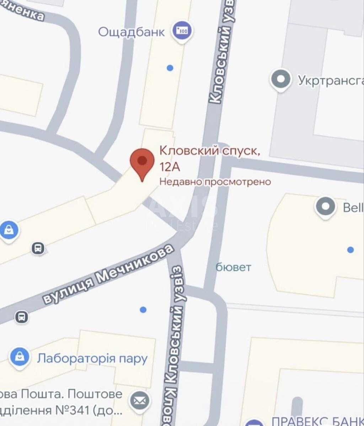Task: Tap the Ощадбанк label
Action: coord(131,32)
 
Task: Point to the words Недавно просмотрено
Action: coord(215,182)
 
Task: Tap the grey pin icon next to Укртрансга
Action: coord(281,79)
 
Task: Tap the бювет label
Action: coord(233,267)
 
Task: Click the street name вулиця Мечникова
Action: coord(109,274)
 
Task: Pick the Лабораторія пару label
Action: coord(92,358)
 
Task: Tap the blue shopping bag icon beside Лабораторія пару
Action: coord(20,356)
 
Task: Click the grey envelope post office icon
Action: coord(140,401)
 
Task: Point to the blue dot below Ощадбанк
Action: coord(170,67)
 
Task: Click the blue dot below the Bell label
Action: coord(350,250)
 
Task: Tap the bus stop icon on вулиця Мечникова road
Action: coord(22,316)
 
